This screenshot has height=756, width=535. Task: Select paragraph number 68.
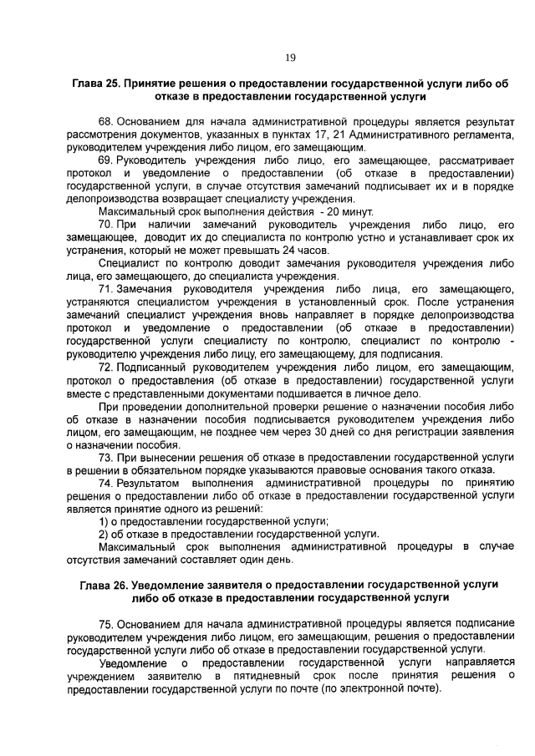tap(107, 122)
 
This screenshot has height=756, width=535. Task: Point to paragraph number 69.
tap(107, 160)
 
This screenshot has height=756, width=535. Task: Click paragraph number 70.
tap(107, 226)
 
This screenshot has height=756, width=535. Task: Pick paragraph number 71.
tap(107, 288)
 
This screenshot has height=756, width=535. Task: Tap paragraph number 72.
tap(107, 368)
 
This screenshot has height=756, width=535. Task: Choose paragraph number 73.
tap(107, 458)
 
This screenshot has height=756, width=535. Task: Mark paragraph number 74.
tap(107, 483)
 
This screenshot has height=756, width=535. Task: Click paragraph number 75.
tap(107, 625)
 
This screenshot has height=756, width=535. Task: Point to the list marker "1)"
tap(104, 521)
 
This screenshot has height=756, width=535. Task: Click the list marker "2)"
tap(104, 534)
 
